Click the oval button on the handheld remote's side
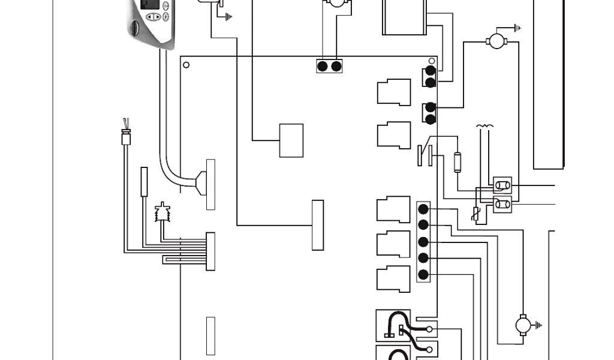[x=135, y=28]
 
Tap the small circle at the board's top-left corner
[x=186, y=65]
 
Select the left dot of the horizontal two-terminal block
[x=323, y=66]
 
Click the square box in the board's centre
[x=291, y=140]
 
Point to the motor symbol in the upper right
[x=496, y=41]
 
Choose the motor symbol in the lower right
[x=523, y=325]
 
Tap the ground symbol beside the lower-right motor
[x=538, y=325]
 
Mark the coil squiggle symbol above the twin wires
[x=484, y=126]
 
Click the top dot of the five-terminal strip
[x=423, y=209]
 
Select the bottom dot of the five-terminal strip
[x=423, y=275]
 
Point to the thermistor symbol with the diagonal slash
[x=477, y=214]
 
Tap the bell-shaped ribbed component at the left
[x=161, y=212]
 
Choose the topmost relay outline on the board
[x=394, y=92]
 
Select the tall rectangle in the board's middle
[x=318, y=224]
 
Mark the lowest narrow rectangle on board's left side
[x=210, y=335]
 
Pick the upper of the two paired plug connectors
[x=502, y=185]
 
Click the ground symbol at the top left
[x=227, y=16]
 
